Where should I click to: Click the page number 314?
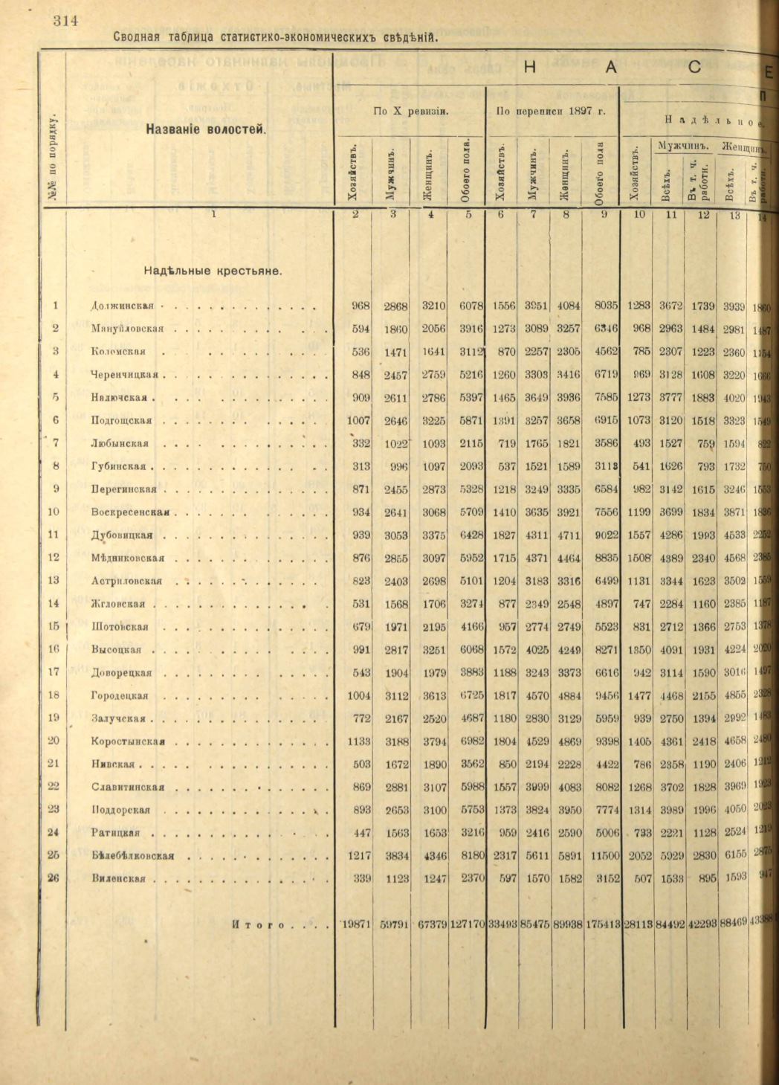pyautogui.click(x=65, y=21)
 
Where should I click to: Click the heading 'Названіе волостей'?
pyautogui.click(x=206, y=130)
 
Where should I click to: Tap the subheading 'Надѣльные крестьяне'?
pyautogui.click(x=213, y=271)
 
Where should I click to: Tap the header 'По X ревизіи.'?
pyautogui.click(x=410, y=112)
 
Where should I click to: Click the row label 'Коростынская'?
pyautogui.click(x=128, y=741)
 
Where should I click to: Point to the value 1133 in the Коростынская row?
pyautogui.click(x=359, y=741)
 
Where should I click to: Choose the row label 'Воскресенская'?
pyautogui.click(x=131, y=512)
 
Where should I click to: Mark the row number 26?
pyautogui.click(x=54, y=878)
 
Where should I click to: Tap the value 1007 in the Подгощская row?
pyautogui.click(x=359, y=420)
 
